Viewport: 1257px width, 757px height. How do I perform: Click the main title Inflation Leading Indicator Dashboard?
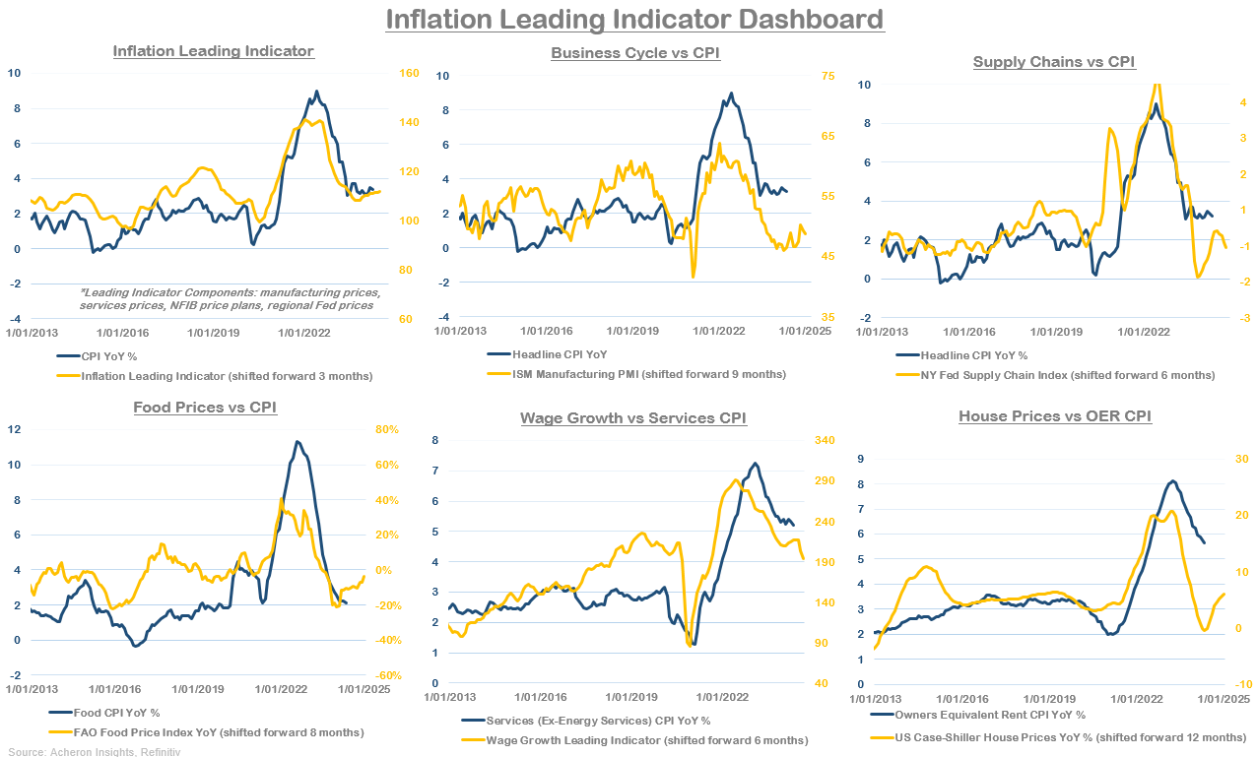(x=633, y=20)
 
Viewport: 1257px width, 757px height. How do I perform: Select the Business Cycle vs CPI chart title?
(x=635, y=53)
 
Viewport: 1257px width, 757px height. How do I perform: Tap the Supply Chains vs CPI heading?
(x=1054, y=62)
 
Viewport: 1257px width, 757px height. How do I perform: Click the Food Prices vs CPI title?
(x=204, y=408)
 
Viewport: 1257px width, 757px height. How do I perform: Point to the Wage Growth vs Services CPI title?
(x=633, y=418)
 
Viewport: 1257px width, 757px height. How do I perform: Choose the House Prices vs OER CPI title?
(x=1055, y=416)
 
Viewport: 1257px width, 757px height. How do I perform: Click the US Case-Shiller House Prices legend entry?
(x=1059, y=737)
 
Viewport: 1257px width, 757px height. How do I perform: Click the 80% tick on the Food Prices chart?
(x=387, y=429)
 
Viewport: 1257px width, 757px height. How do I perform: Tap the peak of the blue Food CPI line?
(x=298, y=442)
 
